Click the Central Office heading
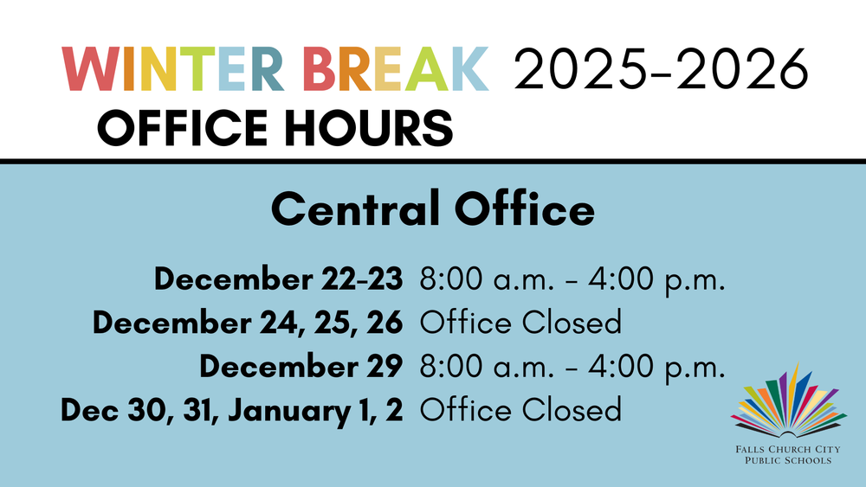pyautogui.click(x=433, y=209)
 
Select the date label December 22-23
pyautogui.click(x=278, y=279)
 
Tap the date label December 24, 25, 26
pyautogui.click(x=248, y=323)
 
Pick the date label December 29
pyautogui.click(x=301, y=365)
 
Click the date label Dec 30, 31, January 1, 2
pyautogui.click(x=232, y=408)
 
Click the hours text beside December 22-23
pyautogui.click(x=572, y=279)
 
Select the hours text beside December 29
pyautogui.click(x=572, y=365)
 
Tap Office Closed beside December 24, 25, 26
pyautogui.click(x=520, y=323)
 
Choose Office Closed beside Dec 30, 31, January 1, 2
pyautogui.click(x=520, y=408)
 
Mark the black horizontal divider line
pyautogui.click(x=433, y=161)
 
